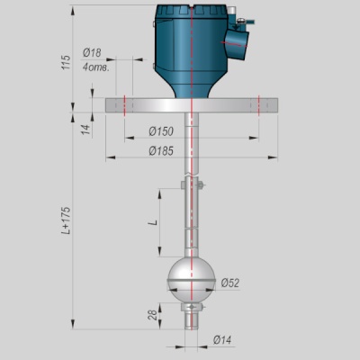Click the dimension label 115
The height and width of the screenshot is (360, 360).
66,62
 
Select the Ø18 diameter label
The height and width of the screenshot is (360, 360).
92,53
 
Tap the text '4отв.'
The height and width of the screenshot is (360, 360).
95,67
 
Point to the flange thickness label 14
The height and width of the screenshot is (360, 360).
86,130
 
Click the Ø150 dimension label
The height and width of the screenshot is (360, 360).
161,131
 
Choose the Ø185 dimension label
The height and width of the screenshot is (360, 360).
161,151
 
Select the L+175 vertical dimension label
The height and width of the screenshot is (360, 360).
66,220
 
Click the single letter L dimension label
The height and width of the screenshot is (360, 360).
154,222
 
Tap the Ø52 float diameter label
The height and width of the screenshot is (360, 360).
230,283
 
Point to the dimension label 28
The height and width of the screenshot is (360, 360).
153,315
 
